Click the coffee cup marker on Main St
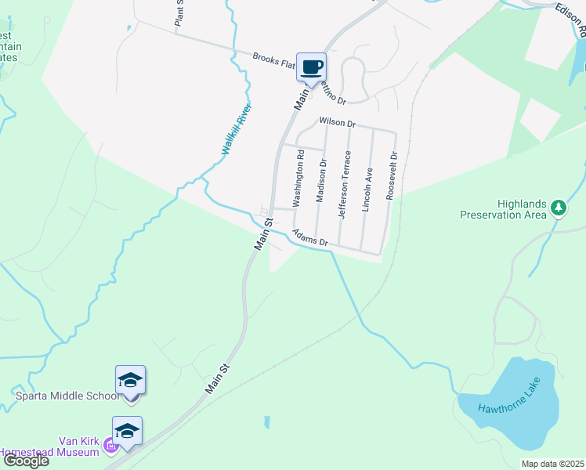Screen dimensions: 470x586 [x=311, y=67]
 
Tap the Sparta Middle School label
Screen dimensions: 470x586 [x=67, y=396]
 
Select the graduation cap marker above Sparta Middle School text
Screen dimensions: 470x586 [x=130, y=381]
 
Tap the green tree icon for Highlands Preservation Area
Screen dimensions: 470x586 [x=558, y=208]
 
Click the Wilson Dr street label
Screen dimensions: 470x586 [x=337, y=123]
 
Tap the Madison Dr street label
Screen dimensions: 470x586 [x=320, y=181]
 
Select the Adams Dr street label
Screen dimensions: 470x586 [x=309, y=238]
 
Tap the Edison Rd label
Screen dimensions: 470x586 [x=571, y=19]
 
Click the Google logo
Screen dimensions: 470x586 [x=25, y=461]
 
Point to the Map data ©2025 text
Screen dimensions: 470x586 [x=552, y=464]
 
